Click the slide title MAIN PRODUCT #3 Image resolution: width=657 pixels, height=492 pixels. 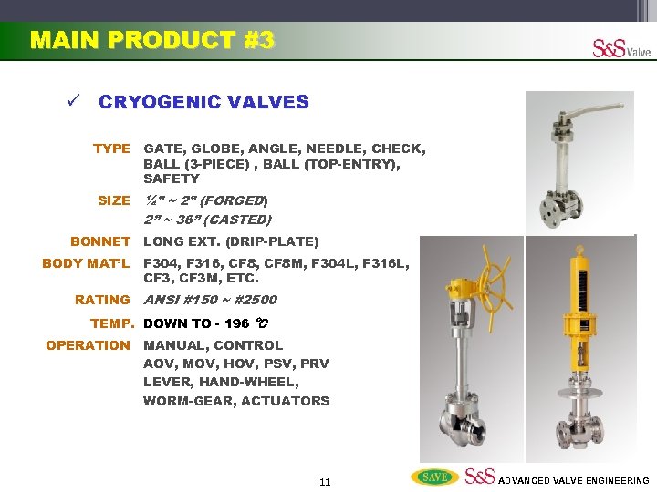tap(151, 41)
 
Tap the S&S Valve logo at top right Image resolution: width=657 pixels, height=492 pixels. tap(621, 48)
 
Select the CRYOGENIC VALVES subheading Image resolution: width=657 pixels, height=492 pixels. tap(203, 102)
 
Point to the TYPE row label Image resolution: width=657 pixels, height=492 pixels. tap(111, 149)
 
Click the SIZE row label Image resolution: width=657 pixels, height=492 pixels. tap(114, 200)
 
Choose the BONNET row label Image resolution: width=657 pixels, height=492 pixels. tap(100, 241)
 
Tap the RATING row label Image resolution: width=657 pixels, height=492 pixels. tap(102, 300)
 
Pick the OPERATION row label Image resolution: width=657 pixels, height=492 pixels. tap(89, 345)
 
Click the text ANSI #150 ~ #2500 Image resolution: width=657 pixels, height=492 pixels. tap(210, 300)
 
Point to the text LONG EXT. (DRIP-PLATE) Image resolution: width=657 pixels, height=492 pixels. tap(231, 241)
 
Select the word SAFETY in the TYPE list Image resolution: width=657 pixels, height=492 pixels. tap(171, 179)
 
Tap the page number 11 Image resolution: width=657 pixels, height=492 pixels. tap(325, 481)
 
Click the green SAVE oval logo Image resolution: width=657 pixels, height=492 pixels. tap(434, 477)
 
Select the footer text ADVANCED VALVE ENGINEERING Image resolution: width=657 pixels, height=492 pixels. tap(574, 480)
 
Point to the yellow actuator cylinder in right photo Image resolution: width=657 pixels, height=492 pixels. tap(581, 301)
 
